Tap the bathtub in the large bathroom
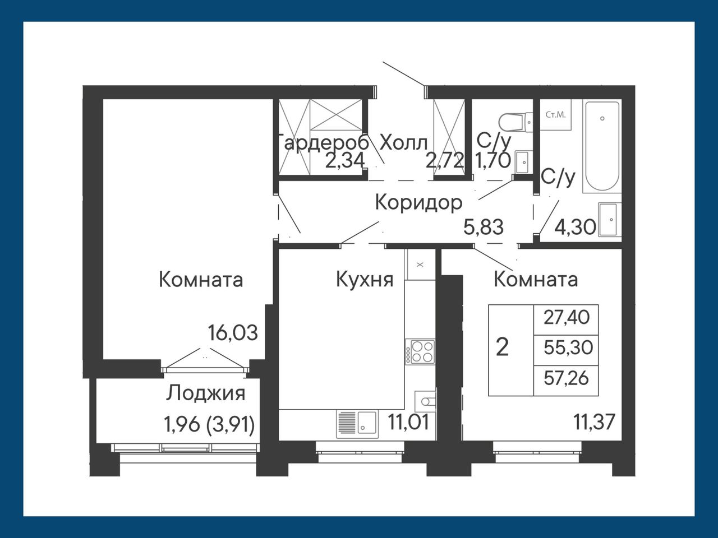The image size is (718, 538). pos(602,146)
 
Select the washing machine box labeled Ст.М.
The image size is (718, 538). pos(555,115)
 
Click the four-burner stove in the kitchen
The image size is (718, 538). pos(420,352)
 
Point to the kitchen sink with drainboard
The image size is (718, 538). pos(357,424)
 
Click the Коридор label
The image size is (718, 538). pos(418,203)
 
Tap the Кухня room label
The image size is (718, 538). pos(365,280)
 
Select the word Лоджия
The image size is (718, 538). pos(205,393)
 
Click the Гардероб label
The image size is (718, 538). pos(323,143)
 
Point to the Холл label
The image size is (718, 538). pos(404,143)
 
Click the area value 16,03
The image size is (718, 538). pos(233,333)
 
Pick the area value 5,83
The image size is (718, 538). pos(484,227)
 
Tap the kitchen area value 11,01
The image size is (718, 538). pos(408,422)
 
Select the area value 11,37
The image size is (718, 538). pos(595,422)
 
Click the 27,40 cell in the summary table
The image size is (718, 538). pos(566,318)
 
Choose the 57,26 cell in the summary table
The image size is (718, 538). pos(566,378)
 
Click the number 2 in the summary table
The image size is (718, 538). pos(502,347)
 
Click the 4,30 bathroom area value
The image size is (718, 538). pos(576,227)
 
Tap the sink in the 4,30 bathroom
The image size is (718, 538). pos(607,219)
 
